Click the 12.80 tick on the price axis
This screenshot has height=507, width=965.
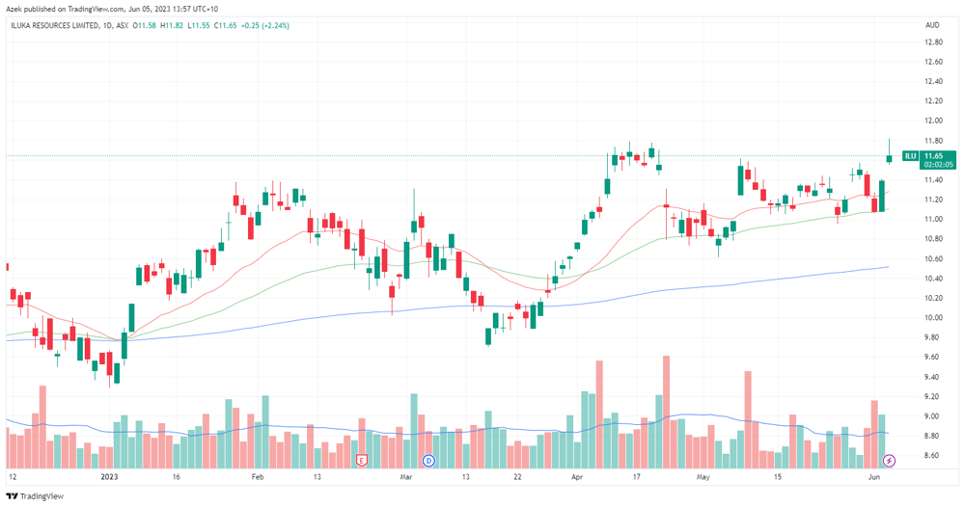point(933,42)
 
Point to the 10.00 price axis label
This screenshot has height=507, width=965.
point(933,318)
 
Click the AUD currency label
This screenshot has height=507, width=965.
point(932,25)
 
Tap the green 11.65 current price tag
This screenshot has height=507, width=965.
point(938,160)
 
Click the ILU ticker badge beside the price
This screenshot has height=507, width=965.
point(910,156)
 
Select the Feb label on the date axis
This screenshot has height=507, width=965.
point(258,477)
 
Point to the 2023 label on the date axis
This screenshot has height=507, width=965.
point(109,477)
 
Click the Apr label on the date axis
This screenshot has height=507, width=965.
point(577,477)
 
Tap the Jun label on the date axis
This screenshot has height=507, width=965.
point(874,477)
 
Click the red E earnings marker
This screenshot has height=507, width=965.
point(362,461)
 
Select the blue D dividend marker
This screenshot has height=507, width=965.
point(428,461)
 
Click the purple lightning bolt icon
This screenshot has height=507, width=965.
point(889,461)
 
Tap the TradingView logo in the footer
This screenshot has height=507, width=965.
point(35,496)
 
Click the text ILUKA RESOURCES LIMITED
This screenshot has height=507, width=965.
point(55,25)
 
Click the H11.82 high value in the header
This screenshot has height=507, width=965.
point(171,25)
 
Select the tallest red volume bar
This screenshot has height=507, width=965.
point(666,412)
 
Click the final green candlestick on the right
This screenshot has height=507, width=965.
point(889,158)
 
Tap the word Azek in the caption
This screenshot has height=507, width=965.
point(14,10)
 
